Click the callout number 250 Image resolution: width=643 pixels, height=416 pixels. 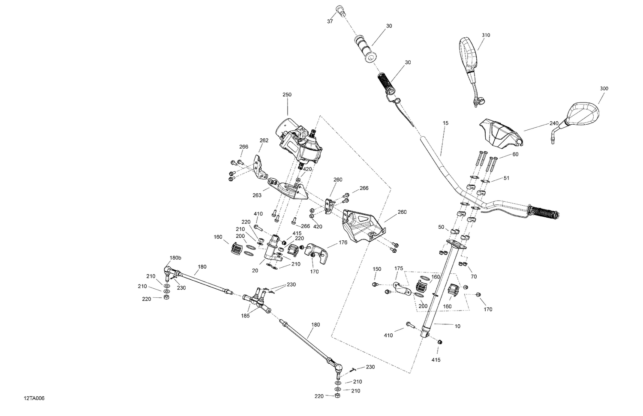click(286, 95)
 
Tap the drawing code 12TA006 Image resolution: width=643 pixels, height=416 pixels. click(34, 399)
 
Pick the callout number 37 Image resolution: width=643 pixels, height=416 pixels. click(330, 21)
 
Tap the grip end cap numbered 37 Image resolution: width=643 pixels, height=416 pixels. click(341, 10)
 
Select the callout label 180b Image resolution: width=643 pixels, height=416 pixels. click(176, 258)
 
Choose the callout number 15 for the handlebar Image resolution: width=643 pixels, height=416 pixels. click(445, 123)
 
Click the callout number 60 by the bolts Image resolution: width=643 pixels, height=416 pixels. click(515, 154)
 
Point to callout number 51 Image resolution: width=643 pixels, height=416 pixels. click(506, 178)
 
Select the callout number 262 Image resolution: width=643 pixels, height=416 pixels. click(264, 140)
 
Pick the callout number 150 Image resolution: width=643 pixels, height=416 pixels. click(377, 269)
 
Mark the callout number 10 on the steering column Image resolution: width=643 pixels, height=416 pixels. click(457, 326)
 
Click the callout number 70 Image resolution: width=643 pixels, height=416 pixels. click(474, 277)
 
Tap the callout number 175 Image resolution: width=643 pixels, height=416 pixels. click(399, 269)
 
